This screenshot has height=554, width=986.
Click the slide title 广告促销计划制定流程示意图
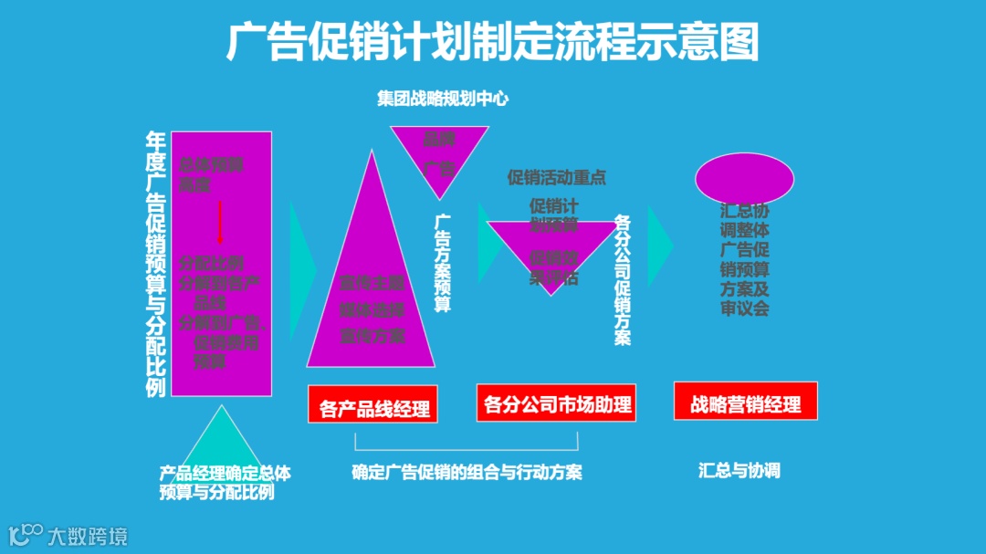click(x=492, y=42)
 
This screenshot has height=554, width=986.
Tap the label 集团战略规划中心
click(x=443, y=99)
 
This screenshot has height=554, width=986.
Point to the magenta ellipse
click(x=744, y=179)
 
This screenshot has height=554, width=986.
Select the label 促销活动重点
click(x=557, y=177)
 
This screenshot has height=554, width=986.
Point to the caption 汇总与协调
click(x=739, y=471)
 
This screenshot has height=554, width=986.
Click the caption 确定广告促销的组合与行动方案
click(x=467, y=472)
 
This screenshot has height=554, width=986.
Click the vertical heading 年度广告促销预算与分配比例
click(x=156, y=264)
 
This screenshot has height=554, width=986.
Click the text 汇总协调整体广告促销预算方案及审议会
click(x=744, y=258)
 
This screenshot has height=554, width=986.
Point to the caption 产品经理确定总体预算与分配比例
click(x=225, y=483)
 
